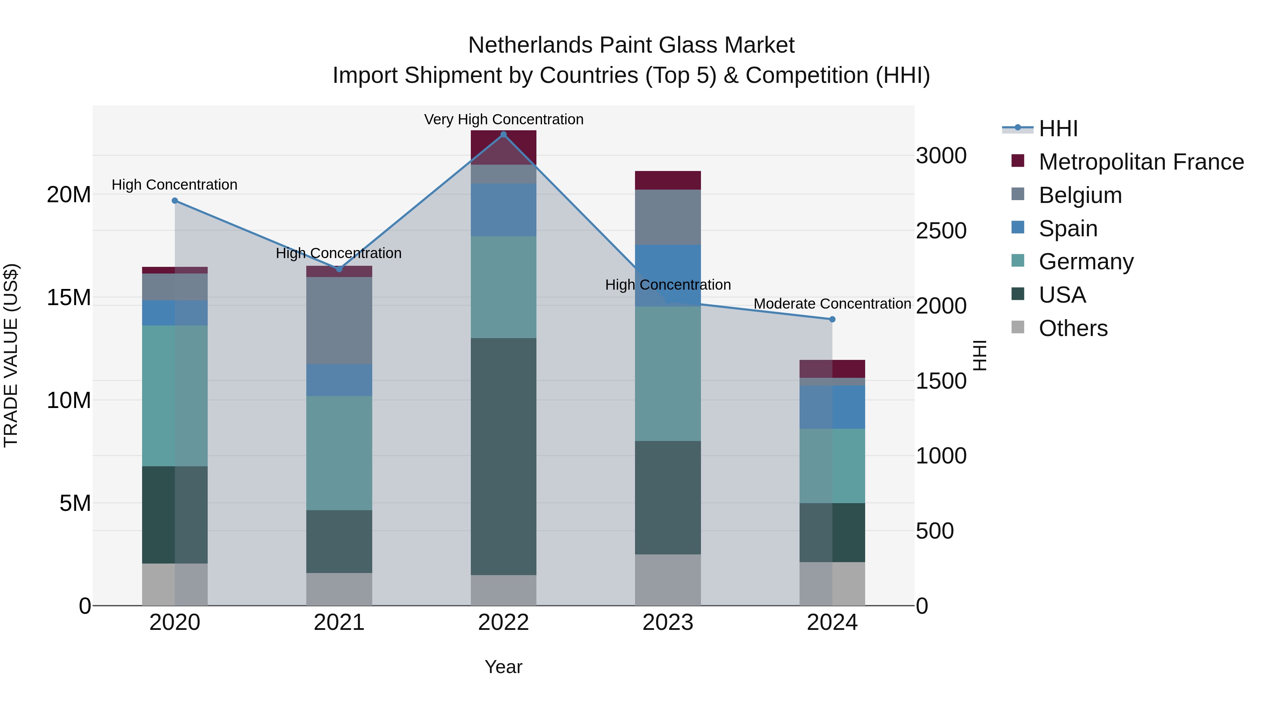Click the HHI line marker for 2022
(503, 134)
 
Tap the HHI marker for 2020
(175, 201)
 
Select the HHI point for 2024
(832, 320)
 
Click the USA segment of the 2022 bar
(503, 456)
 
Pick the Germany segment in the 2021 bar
(339, 453)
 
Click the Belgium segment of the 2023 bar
(668, 217)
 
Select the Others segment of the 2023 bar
(668, 580)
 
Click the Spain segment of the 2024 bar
(832, 407)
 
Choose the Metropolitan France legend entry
(1141, 162)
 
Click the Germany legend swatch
(1018, 261)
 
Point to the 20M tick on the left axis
(69, 195)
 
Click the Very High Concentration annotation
(503, 119)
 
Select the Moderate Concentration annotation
(832, 304)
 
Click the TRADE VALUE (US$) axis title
(11, 355)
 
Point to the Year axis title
(503, 667)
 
